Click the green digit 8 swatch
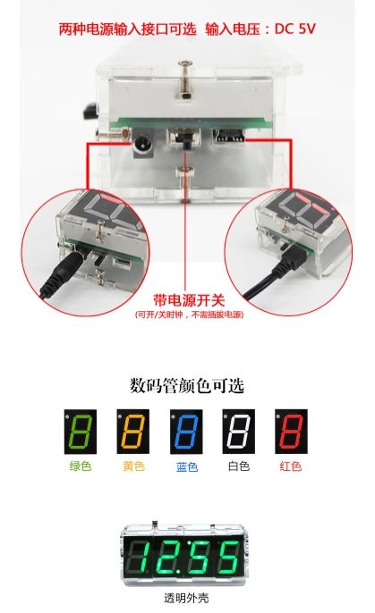[x=80, y=432]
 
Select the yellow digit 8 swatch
[x=132, y=432]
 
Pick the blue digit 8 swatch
[x=185, y=432]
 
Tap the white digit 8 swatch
[x=238, y=432]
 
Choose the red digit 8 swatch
[x=291, y=432]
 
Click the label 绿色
[x=80, y=466]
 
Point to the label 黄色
[x=132, y=466]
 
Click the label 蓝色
[x=185, y=466]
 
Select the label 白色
[x=238, y=466]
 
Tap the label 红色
[x=291, y=466]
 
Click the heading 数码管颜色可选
[x=187, y=386]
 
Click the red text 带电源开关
[x=187, y=300]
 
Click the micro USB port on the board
[x=226, y=135]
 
